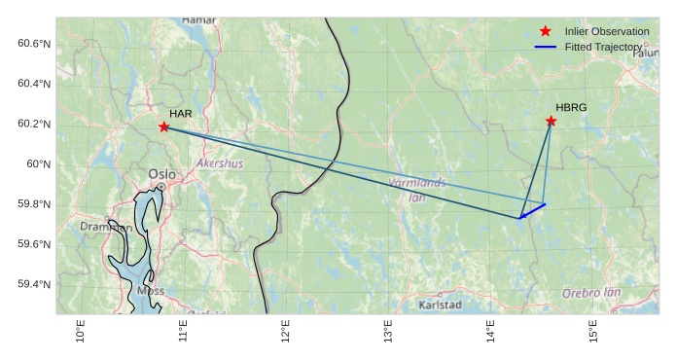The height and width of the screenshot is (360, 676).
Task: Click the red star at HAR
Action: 164,126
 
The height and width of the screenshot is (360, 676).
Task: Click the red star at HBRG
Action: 551,121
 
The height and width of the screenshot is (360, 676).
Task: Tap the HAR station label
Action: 180,114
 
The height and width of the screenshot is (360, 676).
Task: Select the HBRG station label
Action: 571,107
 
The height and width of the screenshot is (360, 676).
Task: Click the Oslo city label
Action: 161,174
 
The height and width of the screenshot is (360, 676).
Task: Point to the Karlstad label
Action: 440,305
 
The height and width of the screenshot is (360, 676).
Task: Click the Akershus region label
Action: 220,163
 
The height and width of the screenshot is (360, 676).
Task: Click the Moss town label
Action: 151,290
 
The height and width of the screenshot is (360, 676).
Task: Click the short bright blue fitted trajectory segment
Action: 532,211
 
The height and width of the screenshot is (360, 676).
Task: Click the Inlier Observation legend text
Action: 606,32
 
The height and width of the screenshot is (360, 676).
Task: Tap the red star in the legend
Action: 545,32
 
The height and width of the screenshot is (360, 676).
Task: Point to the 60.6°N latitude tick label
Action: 33,44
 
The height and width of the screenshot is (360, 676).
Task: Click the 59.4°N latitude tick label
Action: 33,284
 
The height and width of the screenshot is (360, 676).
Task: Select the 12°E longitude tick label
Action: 286,332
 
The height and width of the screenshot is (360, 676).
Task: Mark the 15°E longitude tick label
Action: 593,332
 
